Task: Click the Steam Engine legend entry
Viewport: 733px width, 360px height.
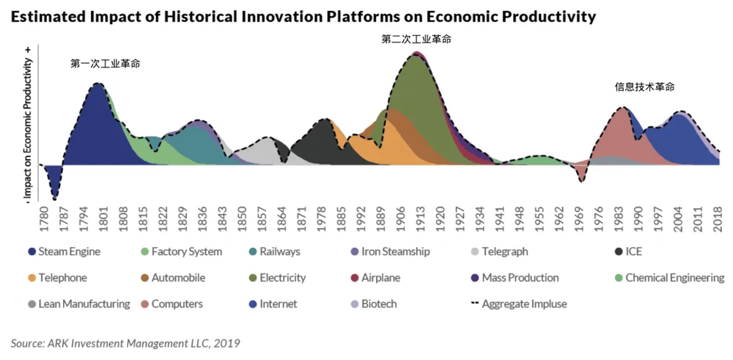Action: coord(64,252)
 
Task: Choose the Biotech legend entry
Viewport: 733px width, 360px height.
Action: coord(378,304)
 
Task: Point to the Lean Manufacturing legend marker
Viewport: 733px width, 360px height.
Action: coord(31,304)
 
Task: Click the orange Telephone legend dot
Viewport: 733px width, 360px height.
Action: coord(31,278)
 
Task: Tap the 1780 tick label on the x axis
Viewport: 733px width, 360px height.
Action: coord(44,219)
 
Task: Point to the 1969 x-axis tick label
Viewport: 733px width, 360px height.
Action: coord(580,219)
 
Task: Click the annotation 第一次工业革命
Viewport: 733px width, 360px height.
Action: coord(105,64)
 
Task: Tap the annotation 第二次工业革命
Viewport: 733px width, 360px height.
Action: coord(416,39)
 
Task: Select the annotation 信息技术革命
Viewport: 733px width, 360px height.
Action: coord(644,87)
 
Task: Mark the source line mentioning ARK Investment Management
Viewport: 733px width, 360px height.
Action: coord(125,342)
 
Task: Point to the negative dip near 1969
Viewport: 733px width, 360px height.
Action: coord(581,180)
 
